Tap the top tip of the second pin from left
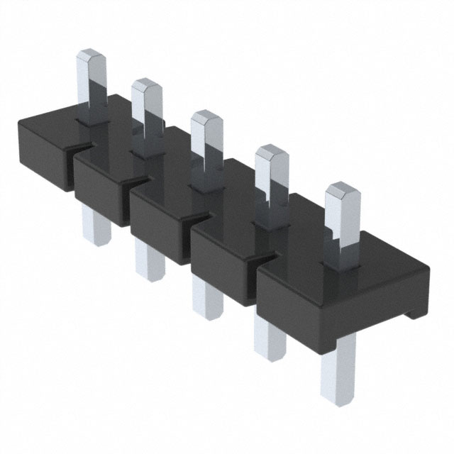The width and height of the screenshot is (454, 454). [x=145, y=85]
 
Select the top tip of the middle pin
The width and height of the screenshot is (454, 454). [x=206, y=116]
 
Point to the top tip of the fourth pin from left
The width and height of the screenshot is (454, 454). [x=269, y=150]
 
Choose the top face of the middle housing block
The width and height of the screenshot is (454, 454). [x=174, y=186]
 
